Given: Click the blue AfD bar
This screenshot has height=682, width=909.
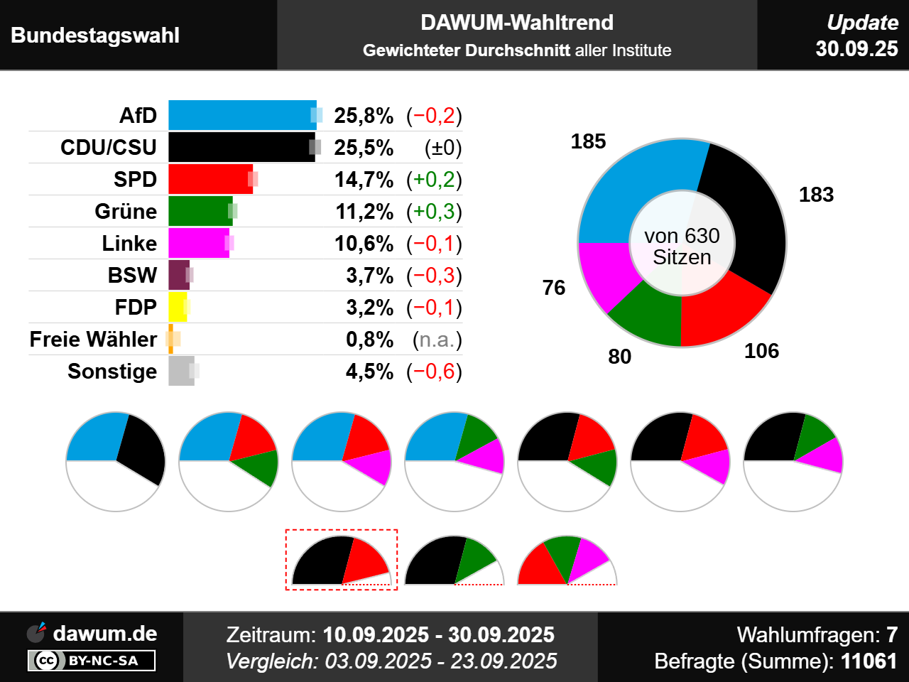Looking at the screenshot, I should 241,115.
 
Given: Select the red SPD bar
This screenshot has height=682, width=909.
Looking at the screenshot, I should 209,179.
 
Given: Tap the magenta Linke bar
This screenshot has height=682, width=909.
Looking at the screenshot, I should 198,243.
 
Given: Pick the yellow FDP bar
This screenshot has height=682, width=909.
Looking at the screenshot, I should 178,307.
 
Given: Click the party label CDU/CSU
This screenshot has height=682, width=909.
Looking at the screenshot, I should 108,147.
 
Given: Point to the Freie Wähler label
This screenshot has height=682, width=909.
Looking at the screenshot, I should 93,339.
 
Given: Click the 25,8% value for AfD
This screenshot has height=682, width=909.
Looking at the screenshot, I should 364,115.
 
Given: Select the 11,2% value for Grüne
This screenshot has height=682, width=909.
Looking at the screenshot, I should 364,211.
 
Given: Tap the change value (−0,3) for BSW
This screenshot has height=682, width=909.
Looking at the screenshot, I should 434,275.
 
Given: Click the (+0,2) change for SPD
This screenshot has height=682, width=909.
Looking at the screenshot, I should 434,179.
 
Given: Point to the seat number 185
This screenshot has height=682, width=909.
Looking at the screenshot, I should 588,141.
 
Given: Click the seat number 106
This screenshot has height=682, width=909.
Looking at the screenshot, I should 761,351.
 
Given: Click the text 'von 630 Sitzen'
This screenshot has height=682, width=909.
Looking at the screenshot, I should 682,246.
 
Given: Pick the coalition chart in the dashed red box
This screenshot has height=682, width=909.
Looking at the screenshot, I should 341,560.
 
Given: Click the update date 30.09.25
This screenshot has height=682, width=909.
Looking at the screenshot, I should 856,48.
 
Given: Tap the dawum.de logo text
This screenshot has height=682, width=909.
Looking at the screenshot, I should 104,633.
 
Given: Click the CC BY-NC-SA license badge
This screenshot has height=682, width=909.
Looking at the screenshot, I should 92,661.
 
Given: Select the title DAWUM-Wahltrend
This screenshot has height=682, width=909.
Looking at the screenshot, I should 516,23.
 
